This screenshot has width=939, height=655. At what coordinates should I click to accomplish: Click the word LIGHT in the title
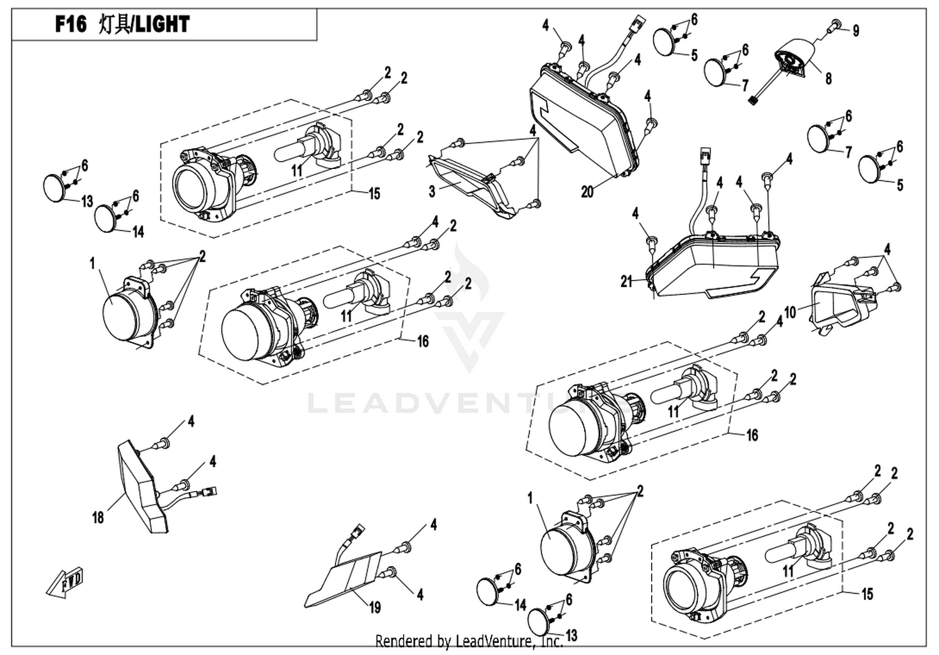tap(163, 24)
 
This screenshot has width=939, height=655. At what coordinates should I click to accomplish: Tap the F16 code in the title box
tap(71, 24)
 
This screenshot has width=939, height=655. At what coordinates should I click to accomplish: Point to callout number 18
tap(98, 518)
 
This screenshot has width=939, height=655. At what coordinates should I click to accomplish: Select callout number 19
tap(375, 607)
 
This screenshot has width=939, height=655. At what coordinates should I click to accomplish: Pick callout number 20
tap(587, 192)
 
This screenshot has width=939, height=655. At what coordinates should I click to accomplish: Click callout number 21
tap(626, 282)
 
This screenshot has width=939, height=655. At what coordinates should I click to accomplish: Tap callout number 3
tap(432, 192)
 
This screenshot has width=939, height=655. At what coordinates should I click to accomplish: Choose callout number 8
tap(828, 78)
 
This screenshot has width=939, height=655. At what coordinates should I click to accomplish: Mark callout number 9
tap(856, 31)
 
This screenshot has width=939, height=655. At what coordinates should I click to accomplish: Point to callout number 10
tap(790, 312)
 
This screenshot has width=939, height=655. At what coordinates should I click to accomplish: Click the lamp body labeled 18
tap(143, 487)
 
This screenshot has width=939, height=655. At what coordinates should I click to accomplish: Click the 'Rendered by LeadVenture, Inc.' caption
tap(469, 641)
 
